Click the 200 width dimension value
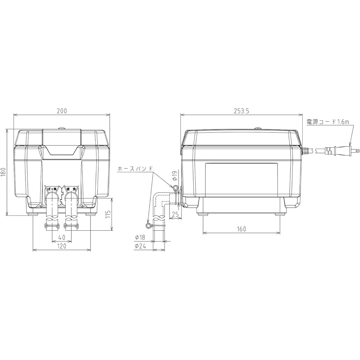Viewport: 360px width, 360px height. tap(62, 111)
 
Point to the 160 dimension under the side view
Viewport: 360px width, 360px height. tap(242, 229)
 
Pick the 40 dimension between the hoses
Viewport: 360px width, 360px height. tap(62, 238)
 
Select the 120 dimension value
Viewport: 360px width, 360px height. tap(62, 247)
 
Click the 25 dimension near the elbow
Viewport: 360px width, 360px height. tap(175, 214)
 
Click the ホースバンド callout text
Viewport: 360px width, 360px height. tap(136, 168)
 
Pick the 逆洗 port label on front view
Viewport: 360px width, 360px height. tap(71, 188)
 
